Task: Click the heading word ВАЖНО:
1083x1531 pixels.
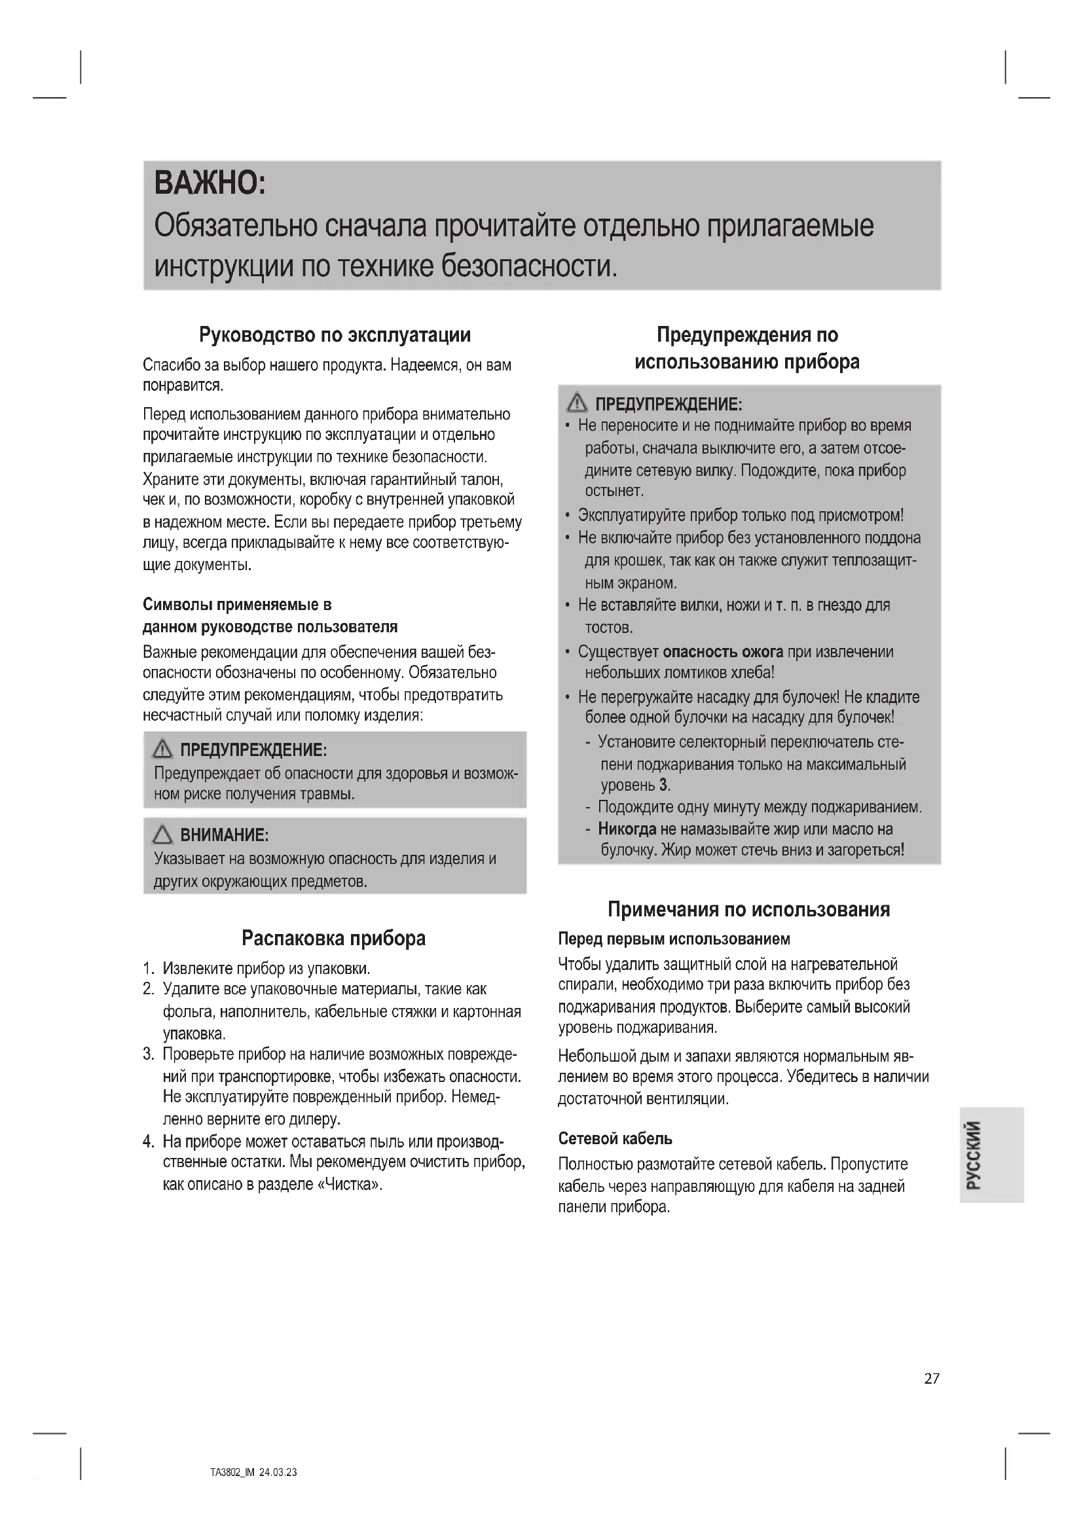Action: (210, 183)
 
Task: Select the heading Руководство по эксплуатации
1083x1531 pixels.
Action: (335, 334)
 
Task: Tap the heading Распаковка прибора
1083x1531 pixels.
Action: (333, 938)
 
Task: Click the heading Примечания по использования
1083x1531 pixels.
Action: (748, 910)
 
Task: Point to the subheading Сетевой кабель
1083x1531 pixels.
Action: (615, 1138)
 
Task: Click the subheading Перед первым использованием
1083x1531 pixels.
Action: (674, 939)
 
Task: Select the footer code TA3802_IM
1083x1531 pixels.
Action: (232, 1472)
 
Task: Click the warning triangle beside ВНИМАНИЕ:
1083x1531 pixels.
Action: (162, 835)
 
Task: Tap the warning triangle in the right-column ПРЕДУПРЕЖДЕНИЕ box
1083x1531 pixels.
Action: (576, 403)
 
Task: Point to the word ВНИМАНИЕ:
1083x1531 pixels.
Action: (224, 835)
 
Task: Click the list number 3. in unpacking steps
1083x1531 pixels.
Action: (148, 1055)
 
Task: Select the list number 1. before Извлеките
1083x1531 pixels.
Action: (148, 968)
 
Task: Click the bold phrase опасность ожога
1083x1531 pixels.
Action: (722, 651)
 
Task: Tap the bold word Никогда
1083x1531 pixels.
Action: (627, 829)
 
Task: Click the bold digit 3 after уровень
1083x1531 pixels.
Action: (663, 785)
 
